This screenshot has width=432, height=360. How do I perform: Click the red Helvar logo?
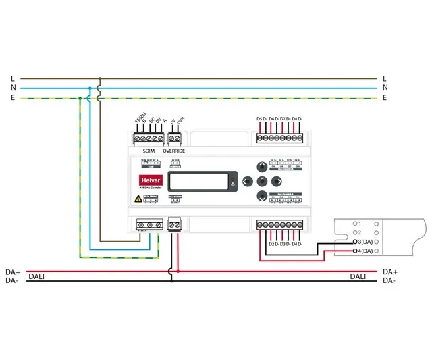click(x=148, y=180)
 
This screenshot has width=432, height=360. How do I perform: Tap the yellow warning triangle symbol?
click(x=138, y=199)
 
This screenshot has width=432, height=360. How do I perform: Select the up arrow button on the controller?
click(x=261, y=167)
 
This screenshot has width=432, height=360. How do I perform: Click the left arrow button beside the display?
click(x=247, y=181)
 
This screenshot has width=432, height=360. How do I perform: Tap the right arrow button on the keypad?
click(x=275, y=181)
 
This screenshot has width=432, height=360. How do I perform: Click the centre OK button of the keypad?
click(x=261, y=181)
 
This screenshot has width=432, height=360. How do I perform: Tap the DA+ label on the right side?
click(x=389, y=272)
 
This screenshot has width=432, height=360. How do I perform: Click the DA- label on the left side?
click(x=12, y=280)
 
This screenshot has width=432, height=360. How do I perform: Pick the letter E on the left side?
click(x=12, y=97)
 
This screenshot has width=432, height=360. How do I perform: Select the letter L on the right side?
click(x=385, y=78)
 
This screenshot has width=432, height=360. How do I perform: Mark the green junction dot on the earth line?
click(x=80, y=98)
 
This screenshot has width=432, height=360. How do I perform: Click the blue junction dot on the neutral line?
click(x=90, y=88)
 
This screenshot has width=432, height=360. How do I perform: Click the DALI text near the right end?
click(x=358, y=276)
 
